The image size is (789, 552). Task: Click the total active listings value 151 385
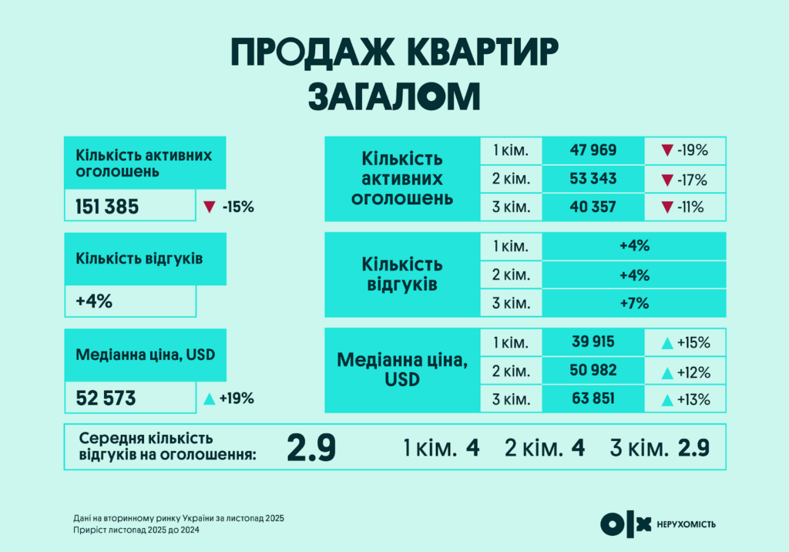[107, 207]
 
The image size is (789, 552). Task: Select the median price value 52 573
[106, 399]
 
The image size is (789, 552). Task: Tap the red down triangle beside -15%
[208, 207]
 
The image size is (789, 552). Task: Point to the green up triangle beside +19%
[208, 399]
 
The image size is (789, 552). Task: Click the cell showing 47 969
[593, 150]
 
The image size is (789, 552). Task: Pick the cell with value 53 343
[593, 179]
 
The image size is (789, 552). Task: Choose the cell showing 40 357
[593, 207]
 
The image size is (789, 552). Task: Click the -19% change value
[692, 150]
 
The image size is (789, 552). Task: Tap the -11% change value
[692, 207]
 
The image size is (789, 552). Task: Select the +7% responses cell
[635, 303]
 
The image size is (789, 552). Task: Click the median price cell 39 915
[593, 342]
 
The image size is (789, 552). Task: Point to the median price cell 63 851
[593, 399]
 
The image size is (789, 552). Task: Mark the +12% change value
[692, 371]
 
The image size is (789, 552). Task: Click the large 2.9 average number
[311, 447]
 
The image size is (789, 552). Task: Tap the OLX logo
[626, 524]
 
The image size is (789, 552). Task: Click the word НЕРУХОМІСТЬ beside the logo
[687, 525]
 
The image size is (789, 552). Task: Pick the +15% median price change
[692, 342]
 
